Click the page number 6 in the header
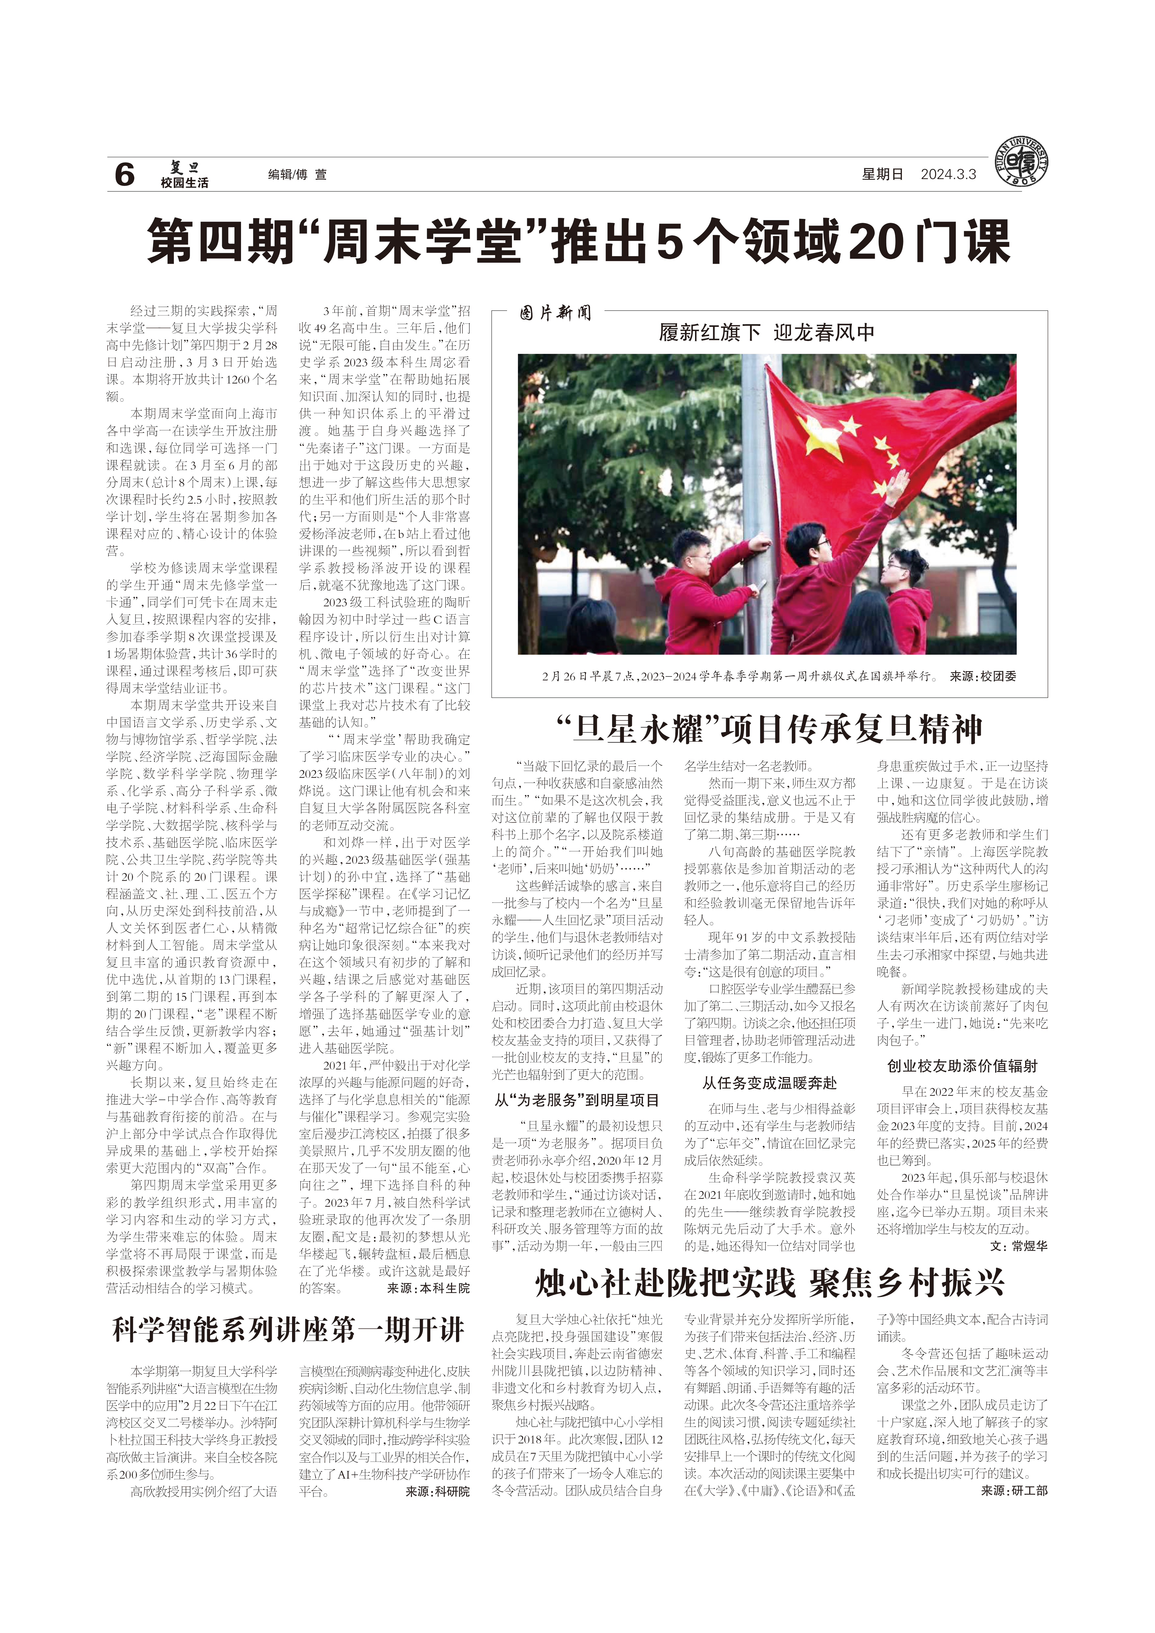click(x=124, y=174)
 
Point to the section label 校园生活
click(x=184, y=183)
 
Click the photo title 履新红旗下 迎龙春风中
click(x=767, y=333)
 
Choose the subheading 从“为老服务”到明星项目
click(x=577, y=1100)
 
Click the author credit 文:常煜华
click(x=1018, y=1246)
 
